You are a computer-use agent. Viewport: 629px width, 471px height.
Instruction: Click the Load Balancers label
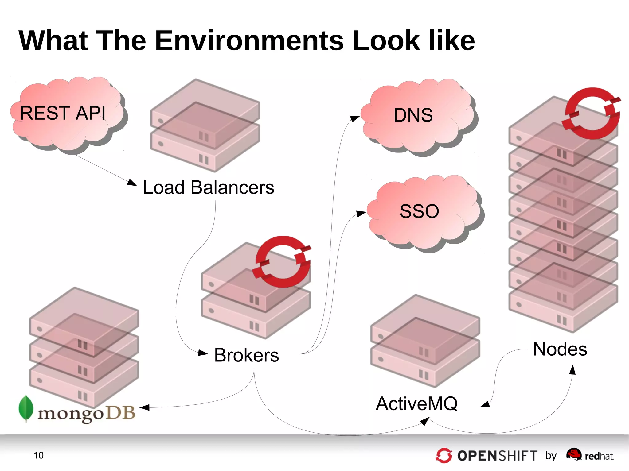click(209, 187)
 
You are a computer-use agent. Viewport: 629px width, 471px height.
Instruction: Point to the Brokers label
click(246, 355)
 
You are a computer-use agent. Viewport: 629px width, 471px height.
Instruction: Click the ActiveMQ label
click(417, 403)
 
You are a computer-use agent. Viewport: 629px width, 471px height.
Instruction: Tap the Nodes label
click(560, 349)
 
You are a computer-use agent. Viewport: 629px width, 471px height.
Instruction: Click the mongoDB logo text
click(86, 413)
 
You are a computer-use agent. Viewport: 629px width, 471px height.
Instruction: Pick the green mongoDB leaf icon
click(26, 408)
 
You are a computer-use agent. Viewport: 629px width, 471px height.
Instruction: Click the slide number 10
click(38, 455)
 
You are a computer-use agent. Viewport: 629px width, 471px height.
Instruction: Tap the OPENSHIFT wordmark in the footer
click(497, 456)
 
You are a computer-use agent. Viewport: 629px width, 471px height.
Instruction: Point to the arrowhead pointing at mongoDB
click(144, 407)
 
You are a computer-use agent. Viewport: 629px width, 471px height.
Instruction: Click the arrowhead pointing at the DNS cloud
click(355, 118)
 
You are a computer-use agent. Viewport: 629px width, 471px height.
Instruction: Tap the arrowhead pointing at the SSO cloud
click(361, 213)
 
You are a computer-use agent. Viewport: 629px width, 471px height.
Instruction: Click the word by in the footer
click(551, 456)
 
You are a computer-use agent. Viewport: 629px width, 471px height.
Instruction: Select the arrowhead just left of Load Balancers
click(132, 183)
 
